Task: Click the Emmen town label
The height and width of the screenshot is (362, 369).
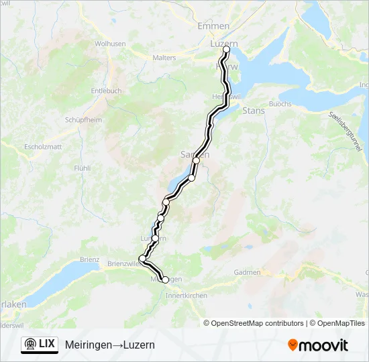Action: point(213,25)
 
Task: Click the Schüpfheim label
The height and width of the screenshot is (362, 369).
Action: point(83,119)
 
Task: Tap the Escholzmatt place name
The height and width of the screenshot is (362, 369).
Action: point(43,146)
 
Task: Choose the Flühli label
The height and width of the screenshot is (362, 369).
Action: point(82,168)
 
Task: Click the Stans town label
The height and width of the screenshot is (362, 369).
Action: point(254,111)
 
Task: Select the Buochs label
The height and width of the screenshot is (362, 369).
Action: point(280,104)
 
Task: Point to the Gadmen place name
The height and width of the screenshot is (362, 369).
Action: point(247,272)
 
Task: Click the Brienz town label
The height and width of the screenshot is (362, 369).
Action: point(89,259)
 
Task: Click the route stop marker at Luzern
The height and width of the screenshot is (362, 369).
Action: point(226,50)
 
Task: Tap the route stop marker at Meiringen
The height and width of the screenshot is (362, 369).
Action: point(166,280)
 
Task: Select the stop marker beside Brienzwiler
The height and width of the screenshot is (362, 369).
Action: point(142,259)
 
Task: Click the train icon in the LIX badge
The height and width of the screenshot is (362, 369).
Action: point(31,344)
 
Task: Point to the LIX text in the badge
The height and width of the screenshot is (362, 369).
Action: point(47,344)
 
